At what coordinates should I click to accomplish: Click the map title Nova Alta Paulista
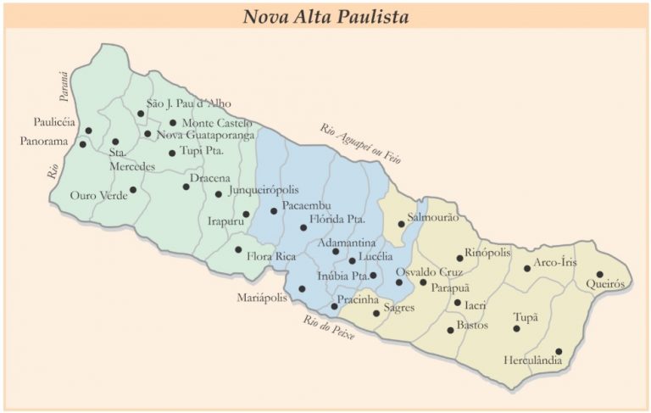tap(325, 15)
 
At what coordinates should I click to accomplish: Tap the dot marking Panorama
tap(83, 144)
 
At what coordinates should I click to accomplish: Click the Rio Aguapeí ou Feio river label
tap(359, 143)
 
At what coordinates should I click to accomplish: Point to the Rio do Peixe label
tap(329, 326)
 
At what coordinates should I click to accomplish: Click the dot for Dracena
tap(186, 186)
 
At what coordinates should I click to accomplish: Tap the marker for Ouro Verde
tap(133, 190)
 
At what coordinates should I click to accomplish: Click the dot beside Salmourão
tap(402, 224)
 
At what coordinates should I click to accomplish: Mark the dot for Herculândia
tap(559, 351)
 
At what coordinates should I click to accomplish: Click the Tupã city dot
tap(516, 328)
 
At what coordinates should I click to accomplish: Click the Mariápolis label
tap(265, 298)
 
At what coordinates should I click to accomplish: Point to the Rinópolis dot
tap(460, 258)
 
